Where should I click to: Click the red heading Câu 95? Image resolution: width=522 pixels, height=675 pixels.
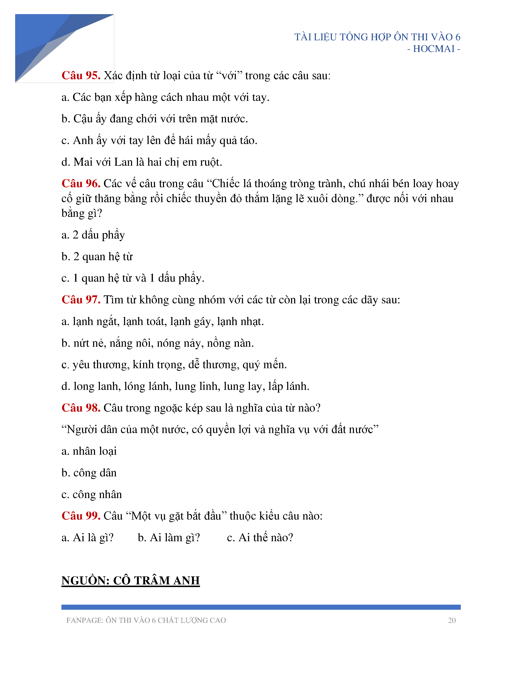81,76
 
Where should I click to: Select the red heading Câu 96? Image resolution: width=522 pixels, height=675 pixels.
81,184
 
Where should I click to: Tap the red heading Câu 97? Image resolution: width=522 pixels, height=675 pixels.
81,300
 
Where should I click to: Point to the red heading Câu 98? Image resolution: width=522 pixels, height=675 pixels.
81,408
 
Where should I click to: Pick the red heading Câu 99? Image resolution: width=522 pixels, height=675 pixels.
81,516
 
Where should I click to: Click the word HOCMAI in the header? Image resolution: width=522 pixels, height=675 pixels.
434,49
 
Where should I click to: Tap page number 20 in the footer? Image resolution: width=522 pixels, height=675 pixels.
452,620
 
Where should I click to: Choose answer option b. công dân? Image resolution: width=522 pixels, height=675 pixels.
89,473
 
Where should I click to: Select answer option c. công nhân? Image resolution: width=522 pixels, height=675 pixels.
92,495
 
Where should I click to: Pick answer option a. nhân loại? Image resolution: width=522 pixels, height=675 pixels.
89,451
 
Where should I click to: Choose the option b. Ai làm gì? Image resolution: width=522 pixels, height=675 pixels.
169,538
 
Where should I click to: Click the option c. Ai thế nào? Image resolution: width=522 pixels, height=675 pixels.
260,538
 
